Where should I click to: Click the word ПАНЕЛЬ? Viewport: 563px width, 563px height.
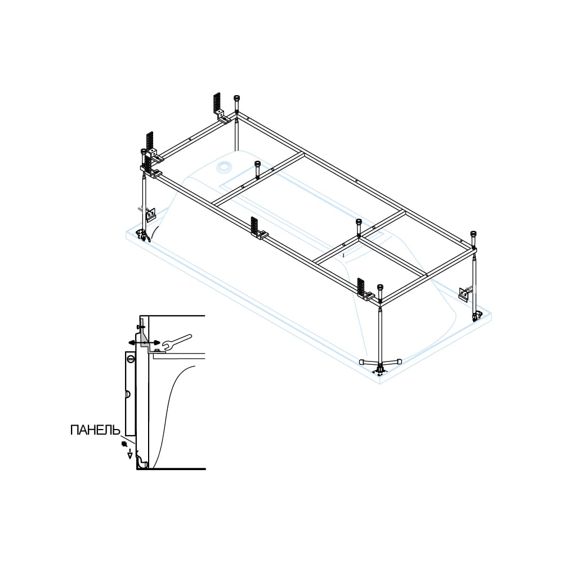[x=95, y=430]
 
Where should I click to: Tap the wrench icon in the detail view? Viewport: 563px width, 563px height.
[x=177, y=342]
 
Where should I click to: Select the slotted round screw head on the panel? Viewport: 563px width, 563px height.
[x=131, y=358]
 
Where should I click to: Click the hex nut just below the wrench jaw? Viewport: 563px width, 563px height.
[x=157, y=350]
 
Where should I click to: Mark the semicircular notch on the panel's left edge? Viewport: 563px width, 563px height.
[x=128, y=394]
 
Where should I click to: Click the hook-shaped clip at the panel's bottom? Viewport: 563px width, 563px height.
[x=142, y=462]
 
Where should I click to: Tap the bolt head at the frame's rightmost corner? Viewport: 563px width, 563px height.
[x=473, y=237]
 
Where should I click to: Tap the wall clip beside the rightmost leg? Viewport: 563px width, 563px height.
[x=464, y=293]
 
